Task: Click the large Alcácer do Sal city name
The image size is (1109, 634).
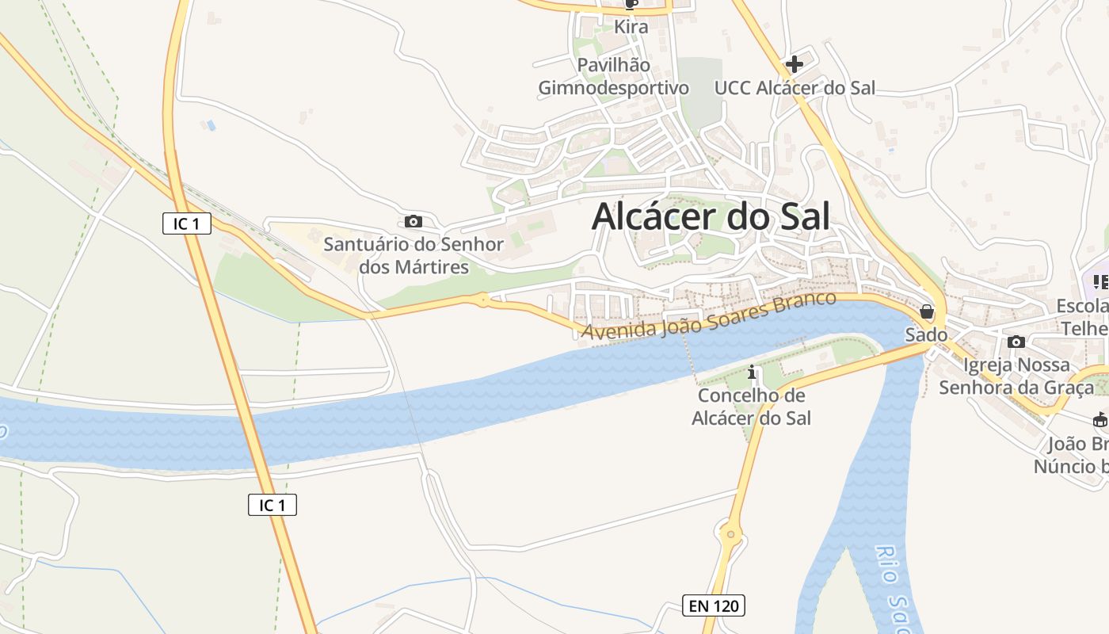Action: [x=711, y=216]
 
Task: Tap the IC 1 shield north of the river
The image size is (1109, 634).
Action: [x=187, y=223]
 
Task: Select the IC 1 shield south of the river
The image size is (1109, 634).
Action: [x=272, y=504]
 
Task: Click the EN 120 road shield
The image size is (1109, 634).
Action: [x=714, y=606]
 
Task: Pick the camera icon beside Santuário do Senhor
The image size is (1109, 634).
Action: [x=413, y=222]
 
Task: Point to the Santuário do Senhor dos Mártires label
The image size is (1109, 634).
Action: [x=413, y=255]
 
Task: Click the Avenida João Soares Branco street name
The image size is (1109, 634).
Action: [x=709, y=316]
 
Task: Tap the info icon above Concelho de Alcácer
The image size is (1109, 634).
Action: [x=752, y=372]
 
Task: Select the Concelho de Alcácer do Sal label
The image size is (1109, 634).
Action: [x=751, y=407]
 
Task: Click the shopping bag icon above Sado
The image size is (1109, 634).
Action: [x=927, y=312]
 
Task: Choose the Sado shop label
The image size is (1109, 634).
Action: [x=927, y=334]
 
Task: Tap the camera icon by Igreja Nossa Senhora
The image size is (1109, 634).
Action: [x=1016, y=342]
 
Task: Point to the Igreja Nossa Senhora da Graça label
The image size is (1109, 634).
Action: [x=1016, y=376]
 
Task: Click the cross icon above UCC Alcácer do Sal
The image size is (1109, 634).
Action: [x=795, y=64]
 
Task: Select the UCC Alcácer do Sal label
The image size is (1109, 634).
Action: [x=795, y=88]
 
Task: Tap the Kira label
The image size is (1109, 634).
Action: [x=631, y=27]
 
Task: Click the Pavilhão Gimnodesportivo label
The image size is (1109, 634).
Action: [x=614, y=76]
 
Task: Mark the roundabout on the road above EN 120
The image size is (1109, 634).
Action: [x=731, y=536]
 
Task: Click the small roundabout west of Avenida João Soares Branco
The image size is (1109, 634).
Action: [x=482, y=300]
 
